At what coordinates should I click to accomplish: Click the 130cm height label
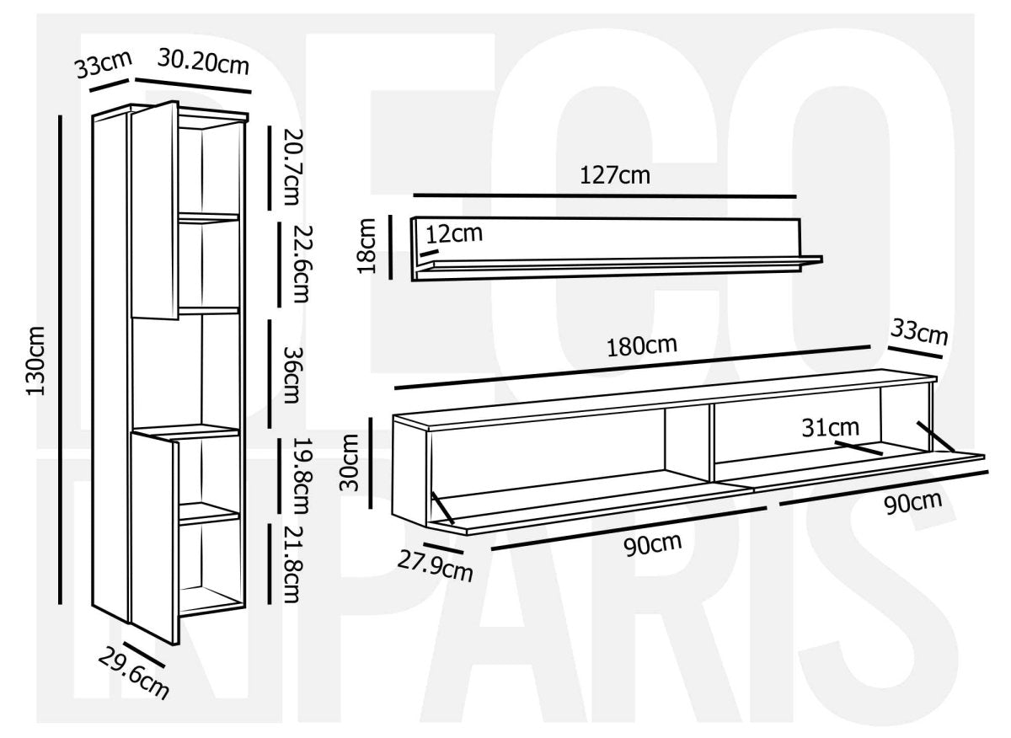tap(35, 361)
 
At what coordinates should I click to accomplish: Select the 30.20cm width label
tap(204, 61)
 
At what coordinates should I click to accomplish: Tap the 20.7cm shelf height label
tap(292, 167)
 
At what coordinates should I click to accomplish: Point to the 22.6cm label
tap(302, 264)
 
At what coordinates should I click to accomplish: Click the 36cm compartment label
tap(292, 375)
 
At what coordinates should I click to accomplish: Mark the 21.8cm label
tap(292, 564)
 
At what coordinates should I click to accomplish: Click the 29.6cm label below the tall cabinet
tap(134, 673)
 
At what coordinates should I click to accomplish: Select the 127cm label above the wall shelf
tap(615, 175)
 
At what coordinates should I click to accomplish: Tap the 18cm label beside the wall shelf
tap(366, 246)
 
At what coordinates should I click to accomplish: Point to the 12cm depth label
tap(454, 234)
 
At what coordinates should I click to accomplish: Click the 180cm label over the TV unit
tap(642, 346)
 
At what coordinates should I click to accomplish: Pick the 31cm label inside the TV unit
tap(831, 427)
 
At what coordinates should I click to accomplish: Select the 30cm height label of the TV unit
tap(349, 463)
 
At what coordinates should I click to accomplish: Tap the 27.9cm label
tap(435, 567)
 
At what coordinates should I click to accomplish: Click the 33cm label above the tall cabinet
tap(104, 65)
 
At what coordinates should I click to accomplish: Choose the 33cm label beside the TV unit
tap(919, 333)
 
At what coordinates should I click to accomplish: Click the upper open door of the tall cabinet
tap(155, 211)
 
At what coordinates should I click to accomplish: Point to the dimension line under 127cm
tap(605, 196)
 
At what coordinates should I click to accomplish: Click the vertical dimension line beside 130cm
tap(60, 360)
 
